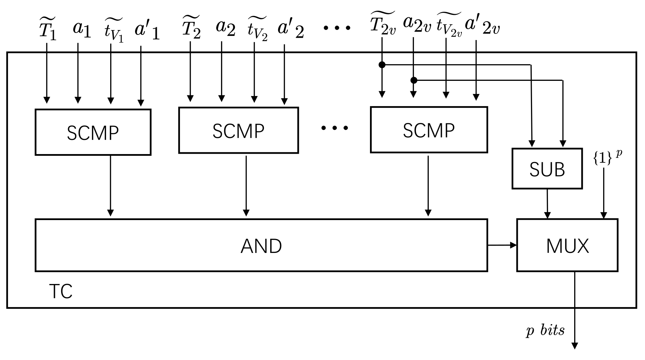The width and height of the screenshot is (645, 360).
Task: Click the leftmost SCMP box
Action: [x=93, y=132]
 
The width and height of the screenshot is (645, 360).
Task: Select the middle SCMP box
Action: [x=238, y=130]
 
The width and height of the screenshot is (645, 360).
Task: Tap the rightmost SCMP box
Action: [x=429, y=130]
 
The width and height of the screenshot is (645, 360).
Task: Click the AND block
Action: [x=261, y=245]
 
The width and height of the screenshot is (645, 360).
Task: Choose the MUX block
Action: [x=567, y=245]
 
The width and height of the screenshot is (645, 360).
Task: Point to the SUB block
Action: [x=547, y=169]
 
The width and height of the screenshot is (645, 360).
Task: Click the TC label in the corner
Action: [x=61, y=291]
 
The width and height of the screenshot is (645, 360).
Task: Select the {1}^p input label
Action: [x=607, y=157]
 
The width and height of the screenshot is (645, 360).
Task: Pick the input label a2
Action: [x=226, y=28]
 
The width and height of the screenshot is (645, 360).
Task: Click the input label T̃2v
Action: [x=382, y=23]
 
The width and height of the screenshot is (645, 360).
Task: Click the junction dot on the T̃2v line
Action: [x=382, y=65]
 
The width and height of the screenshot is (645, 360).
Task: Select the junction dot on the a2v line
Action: [x=414, y=80]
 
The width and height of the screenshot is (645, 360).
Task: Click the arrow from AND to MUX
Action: [x=502, y=245]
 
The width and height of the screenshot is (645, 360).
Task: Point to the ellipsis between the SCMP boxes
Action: [x=334, y=128]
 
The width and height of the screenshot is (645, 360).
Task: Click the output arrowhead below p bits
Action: [x=575, y=346]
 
